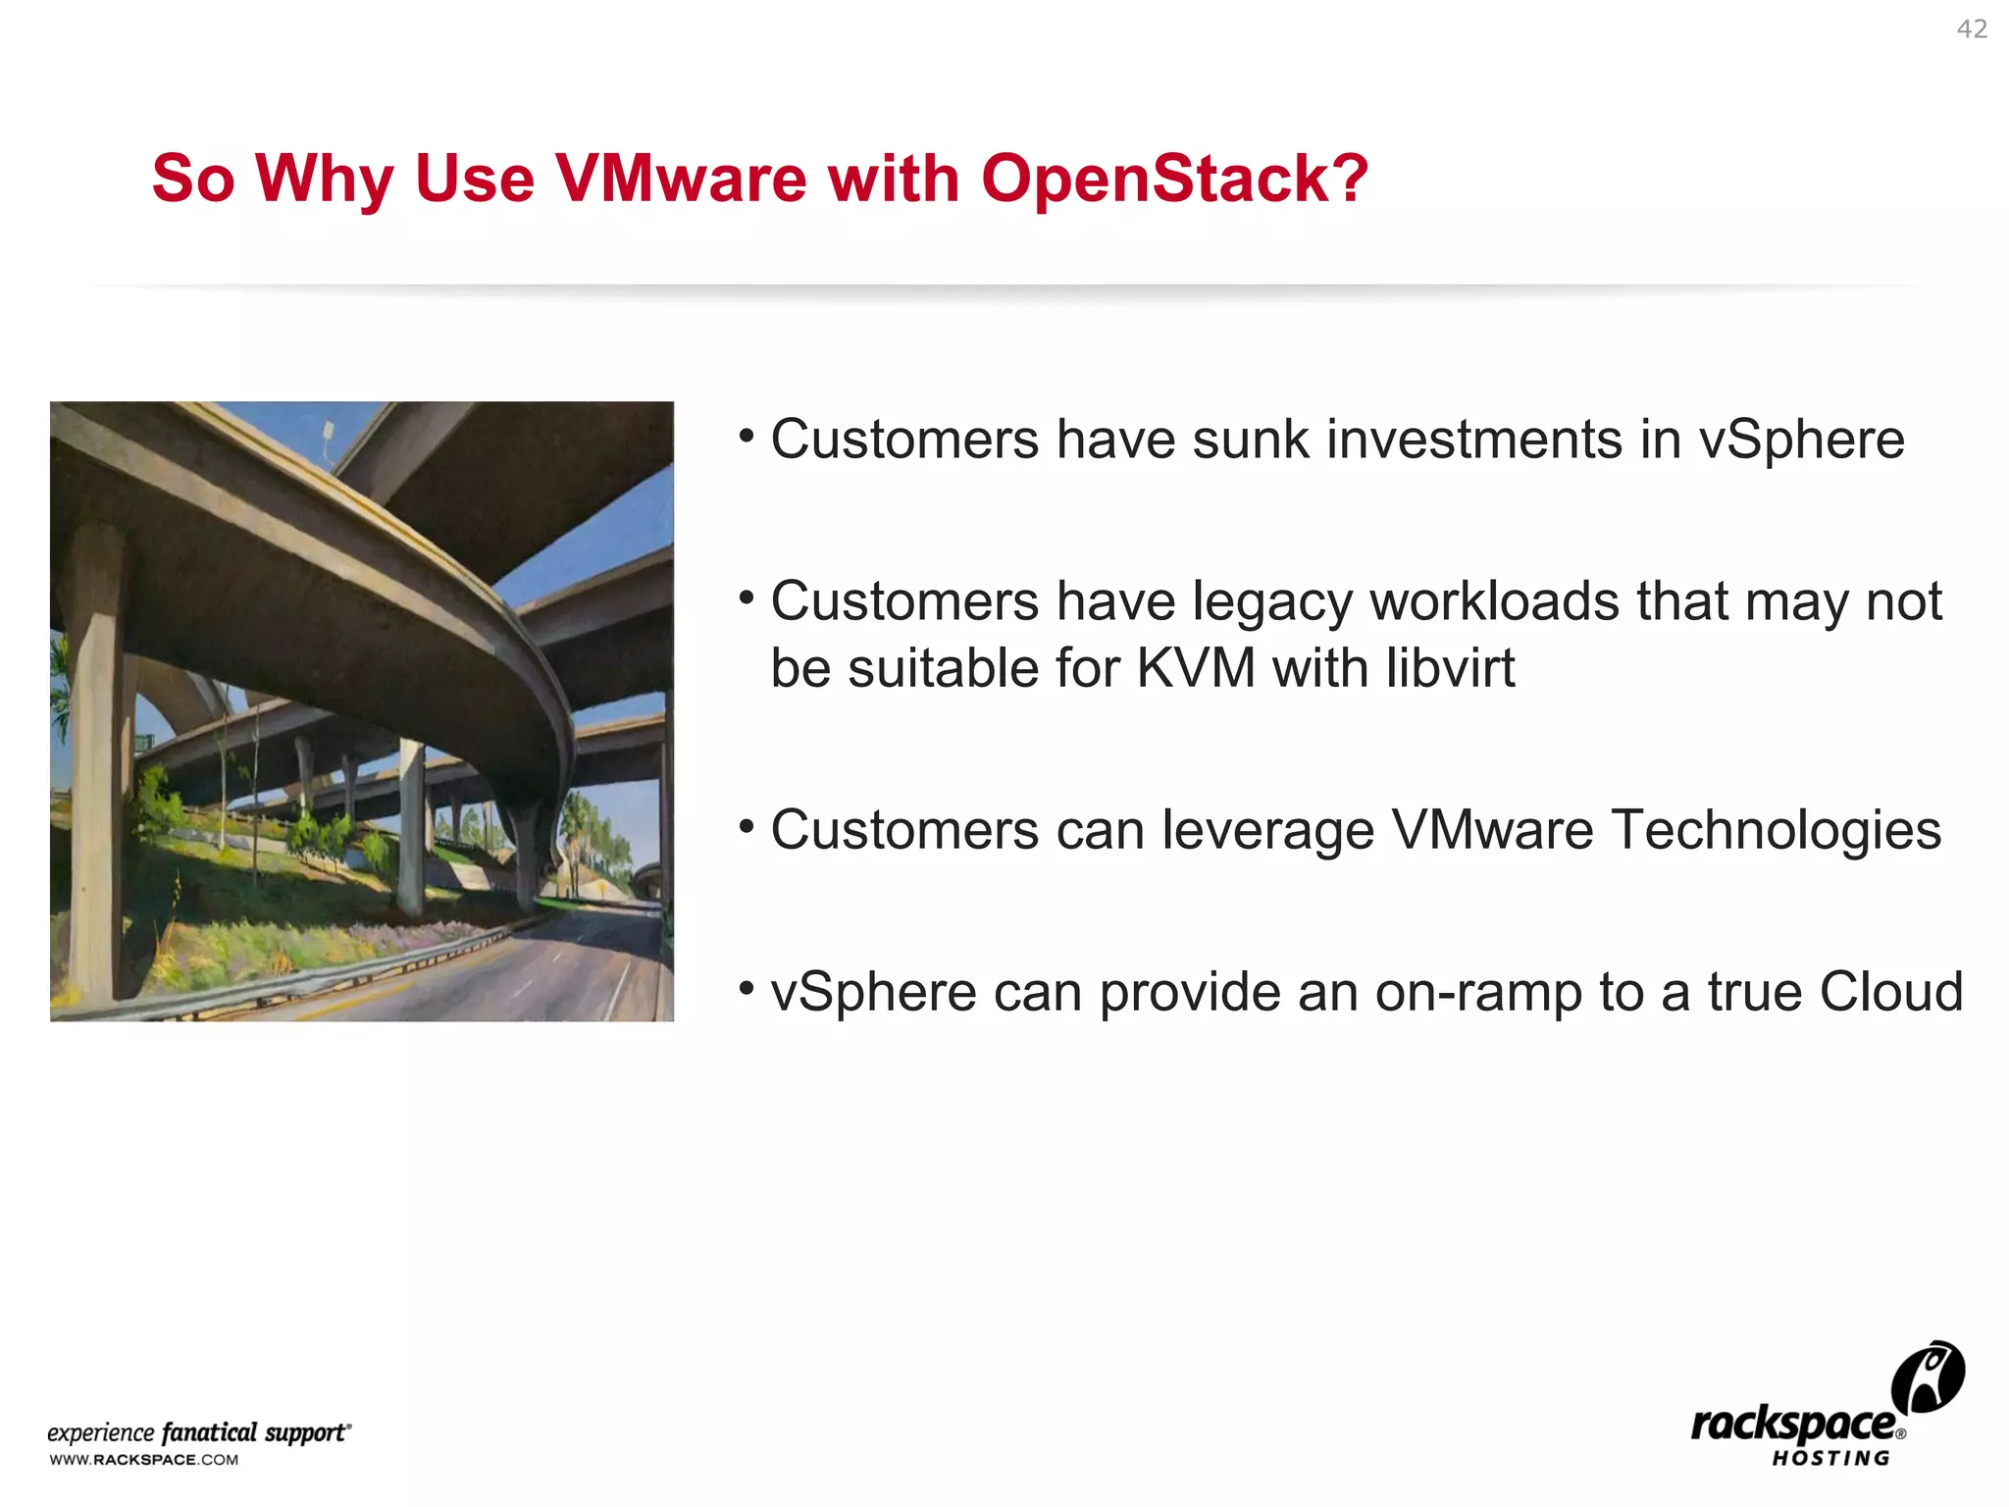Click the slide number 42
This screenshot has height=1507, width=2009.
(x=1972, y=29)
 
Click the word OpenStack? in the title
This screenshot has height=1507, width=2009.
(x=1174, y=179)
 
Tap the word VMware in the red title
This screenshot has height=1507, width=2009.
(x=681, y=179)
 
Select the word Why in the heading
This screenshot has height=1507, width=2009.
(x=325, y=181)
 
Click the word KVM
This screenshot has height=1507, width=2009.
(x=1196, y=668)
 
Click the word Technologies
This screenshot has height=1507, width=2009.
(x=1776, y=830)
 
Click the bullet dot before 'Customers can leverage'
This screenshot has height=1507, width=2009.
(x=747, y=825)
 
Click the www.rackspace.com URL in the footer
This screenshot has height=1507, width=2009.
(x=144, y=1460)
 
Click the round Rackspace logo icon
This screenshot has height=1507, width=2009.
(x=1928, y=1377)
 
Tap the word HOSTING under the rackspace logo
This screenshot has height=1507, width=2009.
(x=1830, y=1459)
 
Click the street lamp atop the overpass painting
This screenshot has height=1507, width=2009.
(x=328, y=432)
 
